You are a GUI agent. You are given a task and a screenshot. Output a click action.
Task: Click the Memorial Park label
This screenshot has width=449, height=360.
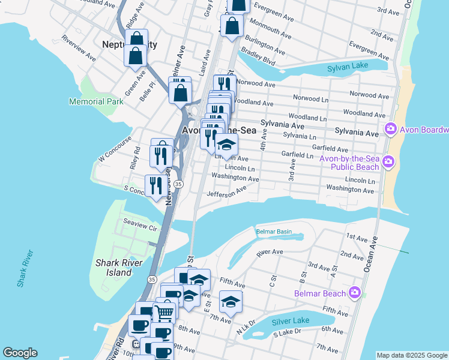point(96,101)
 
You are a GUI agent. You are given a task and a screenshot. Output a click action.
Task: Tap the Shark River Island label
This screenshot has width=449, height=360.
point(119,268)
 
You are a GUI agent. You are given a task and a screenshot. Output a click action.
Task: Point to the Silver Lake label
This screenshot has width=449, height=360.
point(291,321)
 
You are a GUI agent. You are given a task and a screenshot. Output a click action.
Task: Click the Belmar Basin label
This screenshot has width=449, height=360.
point(274,232)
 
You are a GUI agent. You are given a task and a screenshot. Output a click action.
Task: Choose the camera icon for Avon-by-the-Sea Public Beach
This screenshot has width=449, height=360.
point(388,161)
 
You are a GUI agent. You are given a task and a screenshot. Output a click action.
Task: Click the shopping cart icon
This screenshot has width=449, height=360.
point(164,312)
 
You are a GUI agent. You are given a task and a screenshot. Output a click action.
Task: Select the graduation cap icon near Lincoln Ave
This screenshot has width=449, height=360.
point(226,145)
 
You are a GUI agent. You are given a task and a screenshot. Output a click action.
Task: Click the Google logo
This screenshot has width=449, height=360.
point(20,353)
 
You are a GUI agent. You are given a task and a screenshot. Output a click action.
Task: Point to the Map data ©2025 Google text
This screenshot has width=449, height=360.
point(411,355)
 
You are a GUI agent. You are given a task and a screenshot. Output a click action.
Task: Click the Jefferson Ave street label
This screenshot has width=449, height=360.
point(226,191)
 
